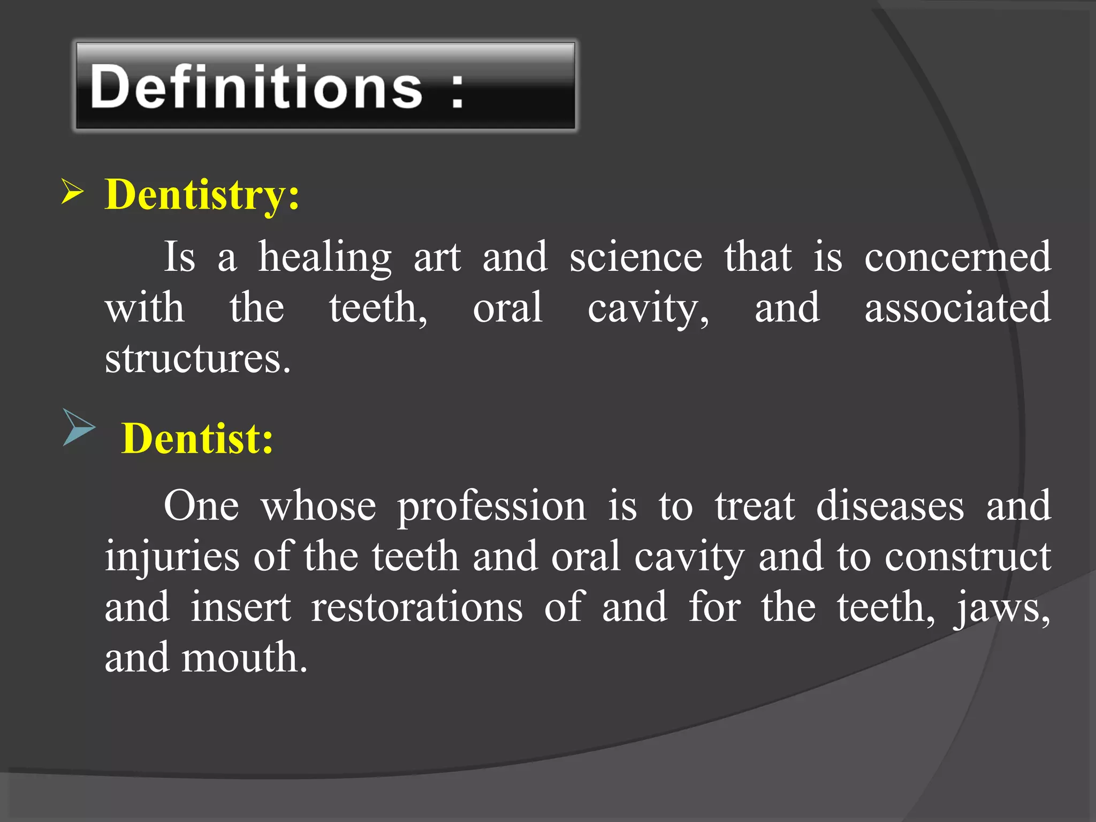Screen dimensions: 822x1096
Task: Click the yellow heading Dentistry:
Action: click(202, 195)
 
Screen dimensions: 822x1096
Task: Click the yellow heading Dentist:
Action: click(197, 439)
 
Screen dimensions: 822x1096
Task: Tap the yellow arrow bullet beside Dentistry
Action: click(72, 192)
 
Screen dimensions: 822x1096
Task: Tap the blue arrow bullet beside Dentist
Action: click(78, 427)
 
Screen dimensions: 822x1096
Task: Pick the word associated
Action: click(957, 308)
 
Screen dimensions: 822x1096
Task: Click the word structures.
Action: click(197, 359)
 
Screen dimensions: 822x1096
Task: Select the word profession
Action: click(491, 506)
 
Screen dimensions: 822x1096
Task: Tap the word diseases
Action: click(889, 506)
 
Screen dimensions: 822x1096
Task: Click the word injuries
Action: click(172, 557)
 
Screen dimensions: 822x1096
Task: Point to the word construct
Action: click(968, 557)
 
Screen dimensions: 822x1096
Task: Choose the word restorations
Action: click(416, 607)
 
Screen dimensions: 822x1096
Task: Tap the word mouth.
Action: click(244, 658)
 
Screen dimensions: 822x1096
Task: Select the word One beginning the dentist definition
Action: click(201, 506)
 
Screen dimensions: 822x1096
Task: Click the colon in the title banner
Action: click(456, 92)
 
